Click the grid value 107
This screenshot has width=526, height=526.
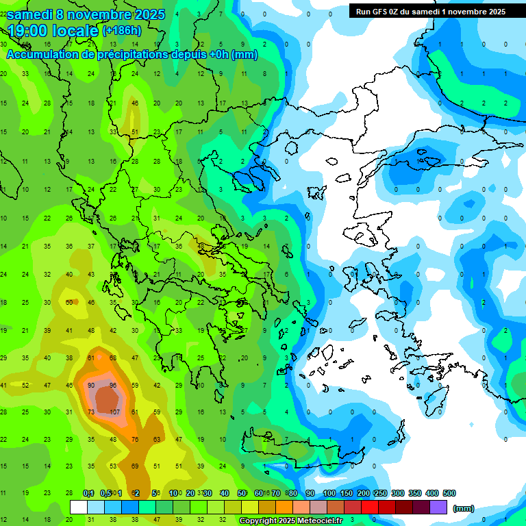click(x=114, y=412)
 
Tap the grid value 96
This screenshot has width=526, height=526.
click(x=114, y=385)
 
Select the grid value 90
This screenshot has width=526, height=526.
click(x=91, y=385)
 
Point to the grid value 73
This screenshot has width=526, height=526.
click(x=91, y=412)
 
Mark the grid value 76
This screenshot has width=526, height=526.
click(x=135, y=439)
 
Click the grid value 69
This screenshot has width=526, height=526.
click(x=135, y=466)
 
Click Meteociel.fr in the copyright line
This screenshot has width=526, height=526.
click(x=323, y=521)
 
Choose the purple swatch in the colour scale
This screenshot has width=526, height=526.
click(x=438, y=508)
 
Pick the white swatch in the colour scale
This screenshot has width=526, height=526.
click(x=79, y=508)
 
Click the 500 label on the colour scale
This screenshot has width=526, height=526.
click(x=449, y=493)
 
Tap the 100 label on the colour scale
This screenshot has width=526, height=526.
click(x=329, y=493)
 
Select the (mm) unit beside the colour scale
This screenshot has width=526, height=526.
click(x=464, y=508)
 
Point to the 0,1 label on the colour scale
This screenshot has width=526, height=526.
click(x=88, y=493)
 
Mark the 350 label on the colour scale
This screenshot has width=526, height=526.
click(x=414, y=493)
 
